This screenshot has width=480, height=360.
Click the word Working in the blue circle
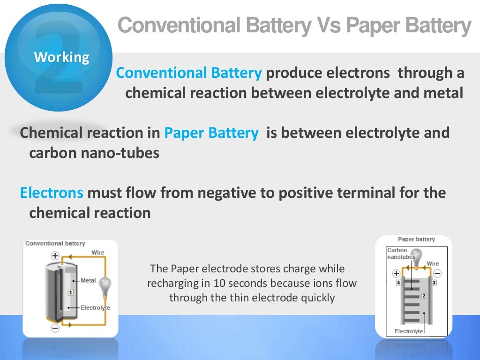coord(61,57)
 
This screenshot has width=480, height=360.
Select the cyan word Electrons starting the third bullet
coord(52,193)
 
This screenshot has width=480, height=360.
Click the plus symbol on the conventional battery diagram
coord(55,256)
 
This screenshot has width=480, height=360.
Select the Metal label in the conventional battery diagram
coord(88,280)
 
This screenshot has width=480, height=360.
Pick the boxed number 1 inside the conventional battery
coord(71,292)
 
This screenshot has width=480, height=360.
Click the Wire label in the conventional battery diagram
coord(97,253)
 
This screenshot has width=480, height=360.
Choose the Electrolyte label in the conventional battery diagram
coord(95,307)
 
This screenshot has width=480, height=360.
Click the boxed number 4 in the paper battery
coord(398,283)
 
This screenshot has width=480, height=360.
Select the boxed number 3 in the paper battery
coord(434,283)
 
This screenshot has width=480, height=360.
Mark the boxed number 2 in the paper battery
coord(423,295)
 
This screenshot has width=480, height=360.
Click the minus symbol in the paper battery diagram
coord(437,273)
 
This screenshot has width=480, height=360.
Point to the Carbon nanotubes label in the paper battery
coord(398,254)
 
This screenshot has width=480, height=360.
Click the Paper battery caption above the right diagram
coord(416,239)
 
